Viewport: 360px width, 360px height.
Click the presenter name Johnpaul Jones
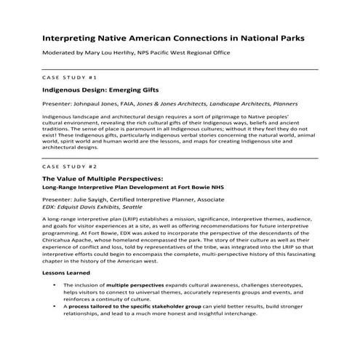coord(100,104)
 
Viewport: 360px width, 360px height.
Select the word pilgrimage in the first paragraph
coord(226,116)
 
